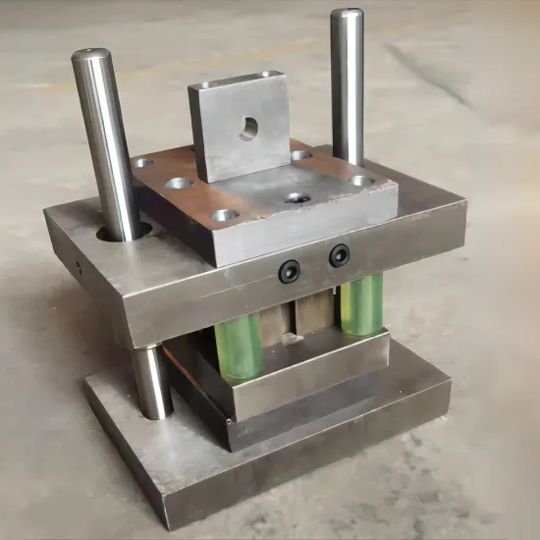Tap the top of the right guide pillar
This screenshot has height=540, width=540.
347,15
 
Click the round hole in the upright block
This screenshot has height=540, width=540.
249,127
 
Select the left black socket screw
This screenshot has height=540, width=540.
289,271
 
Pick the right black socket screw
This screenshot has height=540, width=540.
340,255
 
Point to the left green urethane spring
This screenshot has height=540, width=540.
240,347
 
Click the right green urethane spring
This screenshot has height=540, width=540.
361,302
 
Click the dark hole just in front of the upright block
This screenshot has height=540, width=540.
297,198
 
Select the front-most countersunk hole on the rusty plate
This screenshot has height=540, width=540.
225,214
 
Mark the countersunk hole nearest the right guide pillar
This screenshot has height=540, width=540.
360,181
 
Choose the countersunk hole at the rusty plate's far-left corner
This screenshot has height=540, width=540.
144,163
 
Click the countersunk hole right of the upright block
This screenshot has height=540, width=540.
301,155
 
